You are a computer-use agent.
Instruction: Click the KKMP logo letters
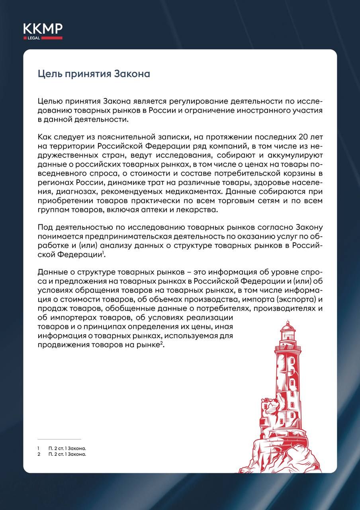(x=43, y=29)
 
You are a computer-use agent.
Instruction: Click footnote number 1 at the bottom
(x=38, y=448)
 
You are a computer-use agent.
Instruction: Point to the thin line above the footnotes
(x=59, y=439)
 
